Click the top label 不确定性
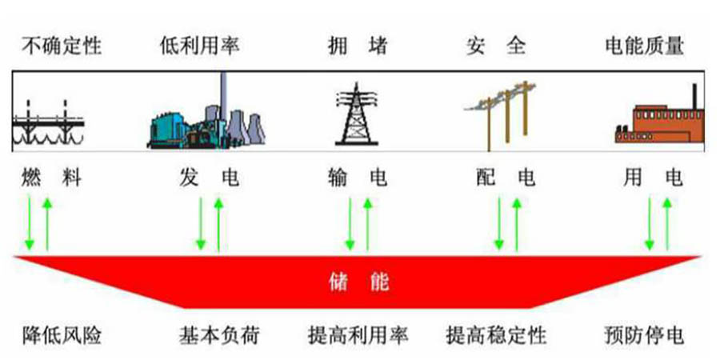point(62,46)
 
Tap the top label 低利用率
point(199,46)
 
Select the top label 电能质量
point(644,46)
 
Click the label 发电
point(209,178)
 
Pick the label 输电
point(357,178)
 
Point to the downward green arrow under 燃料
point(30,223)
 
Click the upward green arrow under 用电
point(667,223)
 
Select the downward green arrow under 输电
point(350,223)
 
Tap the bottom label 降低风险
point(62,335)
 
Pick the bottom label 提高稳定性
point(495,335)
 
